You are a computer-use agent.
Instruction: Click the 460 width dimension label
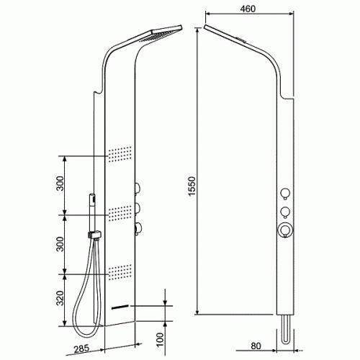coord(248,9)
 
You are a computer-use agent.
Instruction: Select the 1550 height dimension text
coord(192,186)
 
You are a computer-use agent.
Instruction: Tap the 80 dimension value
coord(256,346)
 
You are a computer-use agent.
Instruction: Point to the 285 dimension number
coord(81,348)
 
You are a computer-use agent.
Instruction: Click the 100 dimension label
coord(160,340)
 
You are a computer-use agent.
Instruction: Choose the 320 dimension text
coord(60,298)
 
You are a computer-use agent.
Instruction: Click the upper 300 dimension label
coord(60,184)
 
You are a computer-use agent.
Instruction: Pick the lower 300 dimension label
coord(60,244)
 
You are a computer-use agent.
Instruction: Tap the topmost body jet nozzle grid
coord(120,154)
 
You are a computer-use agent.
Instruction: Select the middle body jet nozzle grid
coord(120,213)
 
